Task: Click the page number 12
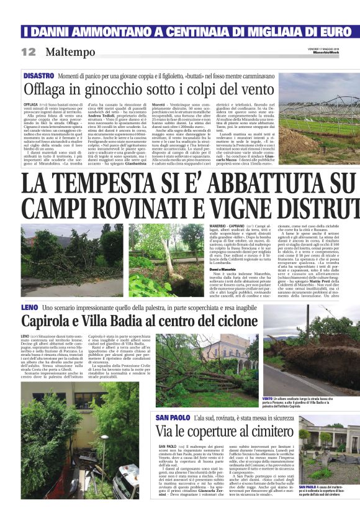(29, 52)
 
